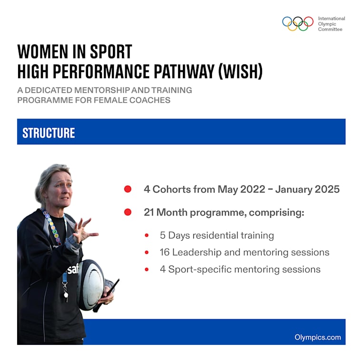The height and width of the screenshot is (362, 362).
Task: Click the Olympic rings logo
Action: (x=298, y=24)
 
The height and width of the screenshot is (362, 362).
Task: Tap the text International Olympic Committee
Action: (x=332, y=24)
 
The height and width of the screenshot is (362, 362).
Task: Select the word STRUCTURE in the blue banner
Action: (x=49, y=132)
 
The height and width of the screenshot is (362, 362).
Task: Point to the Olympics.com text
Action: (x=318, y=337)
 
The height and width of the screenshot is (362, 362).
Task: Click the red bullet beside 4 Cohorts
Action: (x=128, y=189)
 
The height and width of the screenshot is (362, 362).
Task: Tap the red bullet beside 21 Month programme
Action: (x=128, y=212)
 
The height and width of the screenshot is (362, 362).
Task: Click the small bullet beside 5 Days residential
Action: (x=147, y=235)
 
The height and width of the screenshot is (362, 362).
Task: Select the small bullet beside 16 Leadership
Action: (x=147, y=252)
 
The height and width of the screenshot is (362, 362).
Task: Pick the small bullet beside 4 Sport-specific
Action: (x=147, y=270)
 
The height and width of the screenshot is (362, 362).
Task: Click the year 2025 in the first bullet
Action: (x=326, y=189)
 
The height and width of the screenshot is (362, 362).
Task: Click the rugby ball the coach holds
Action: (x=91, y=284)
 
